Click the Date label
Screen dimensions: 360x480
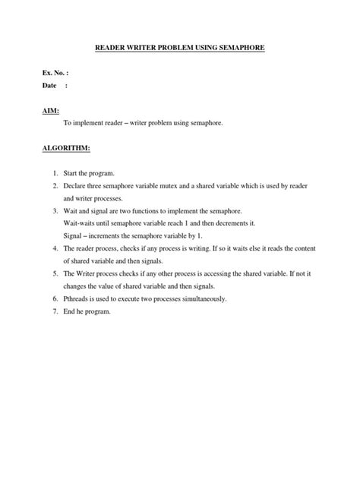[x=49, y=86]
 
